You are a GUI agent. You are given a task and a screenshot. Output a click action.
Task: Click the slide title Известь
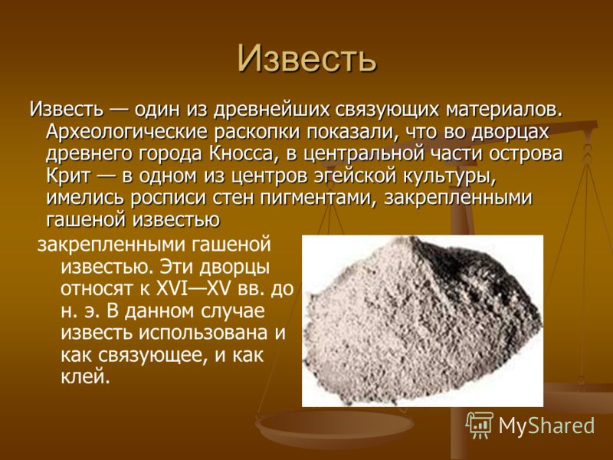click(306, 59)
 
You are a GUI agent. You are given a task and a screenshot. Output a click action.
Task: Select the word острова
click(526, 154)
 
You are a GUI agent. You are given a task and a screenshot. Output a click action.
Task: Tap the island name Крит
click(68, 176)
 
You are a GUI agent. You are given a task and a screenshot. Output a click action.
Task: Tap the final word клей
click(84, 377)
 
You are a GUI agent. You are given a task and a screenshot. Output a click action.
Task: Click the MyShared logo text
click(546, 426)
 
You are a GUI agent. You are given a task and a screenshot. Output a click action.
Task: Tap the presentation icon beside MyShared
click(480, 426)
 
